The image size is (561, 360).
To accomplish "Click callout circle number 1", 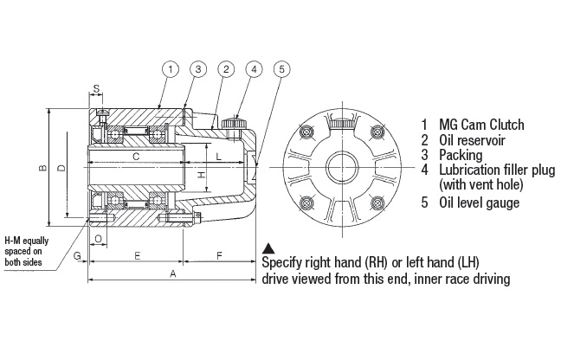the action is tap(171, 69).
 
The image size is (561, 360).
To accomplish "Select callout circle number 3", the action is tap(198, 69).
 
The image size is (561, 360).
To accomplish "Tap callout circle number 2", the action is tap(226, 69).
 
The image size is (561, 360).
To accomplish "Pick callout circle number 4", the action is tap(254, 69).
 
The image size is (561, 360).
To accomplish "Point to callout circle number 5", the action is tap(282, 69).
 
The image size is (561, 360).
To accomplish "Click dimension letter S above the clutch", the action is tap(96, 88).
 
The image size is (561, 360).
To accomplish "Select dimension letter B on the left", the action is tap(42, 167).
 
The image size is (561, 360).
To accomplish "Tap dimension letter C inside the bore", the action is tap(136, 157).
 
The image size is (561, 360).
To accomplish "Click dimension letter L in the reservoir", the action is tap(219, 157).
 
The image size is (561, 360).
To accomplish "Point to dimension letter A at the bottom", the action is tap(173, 273).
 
